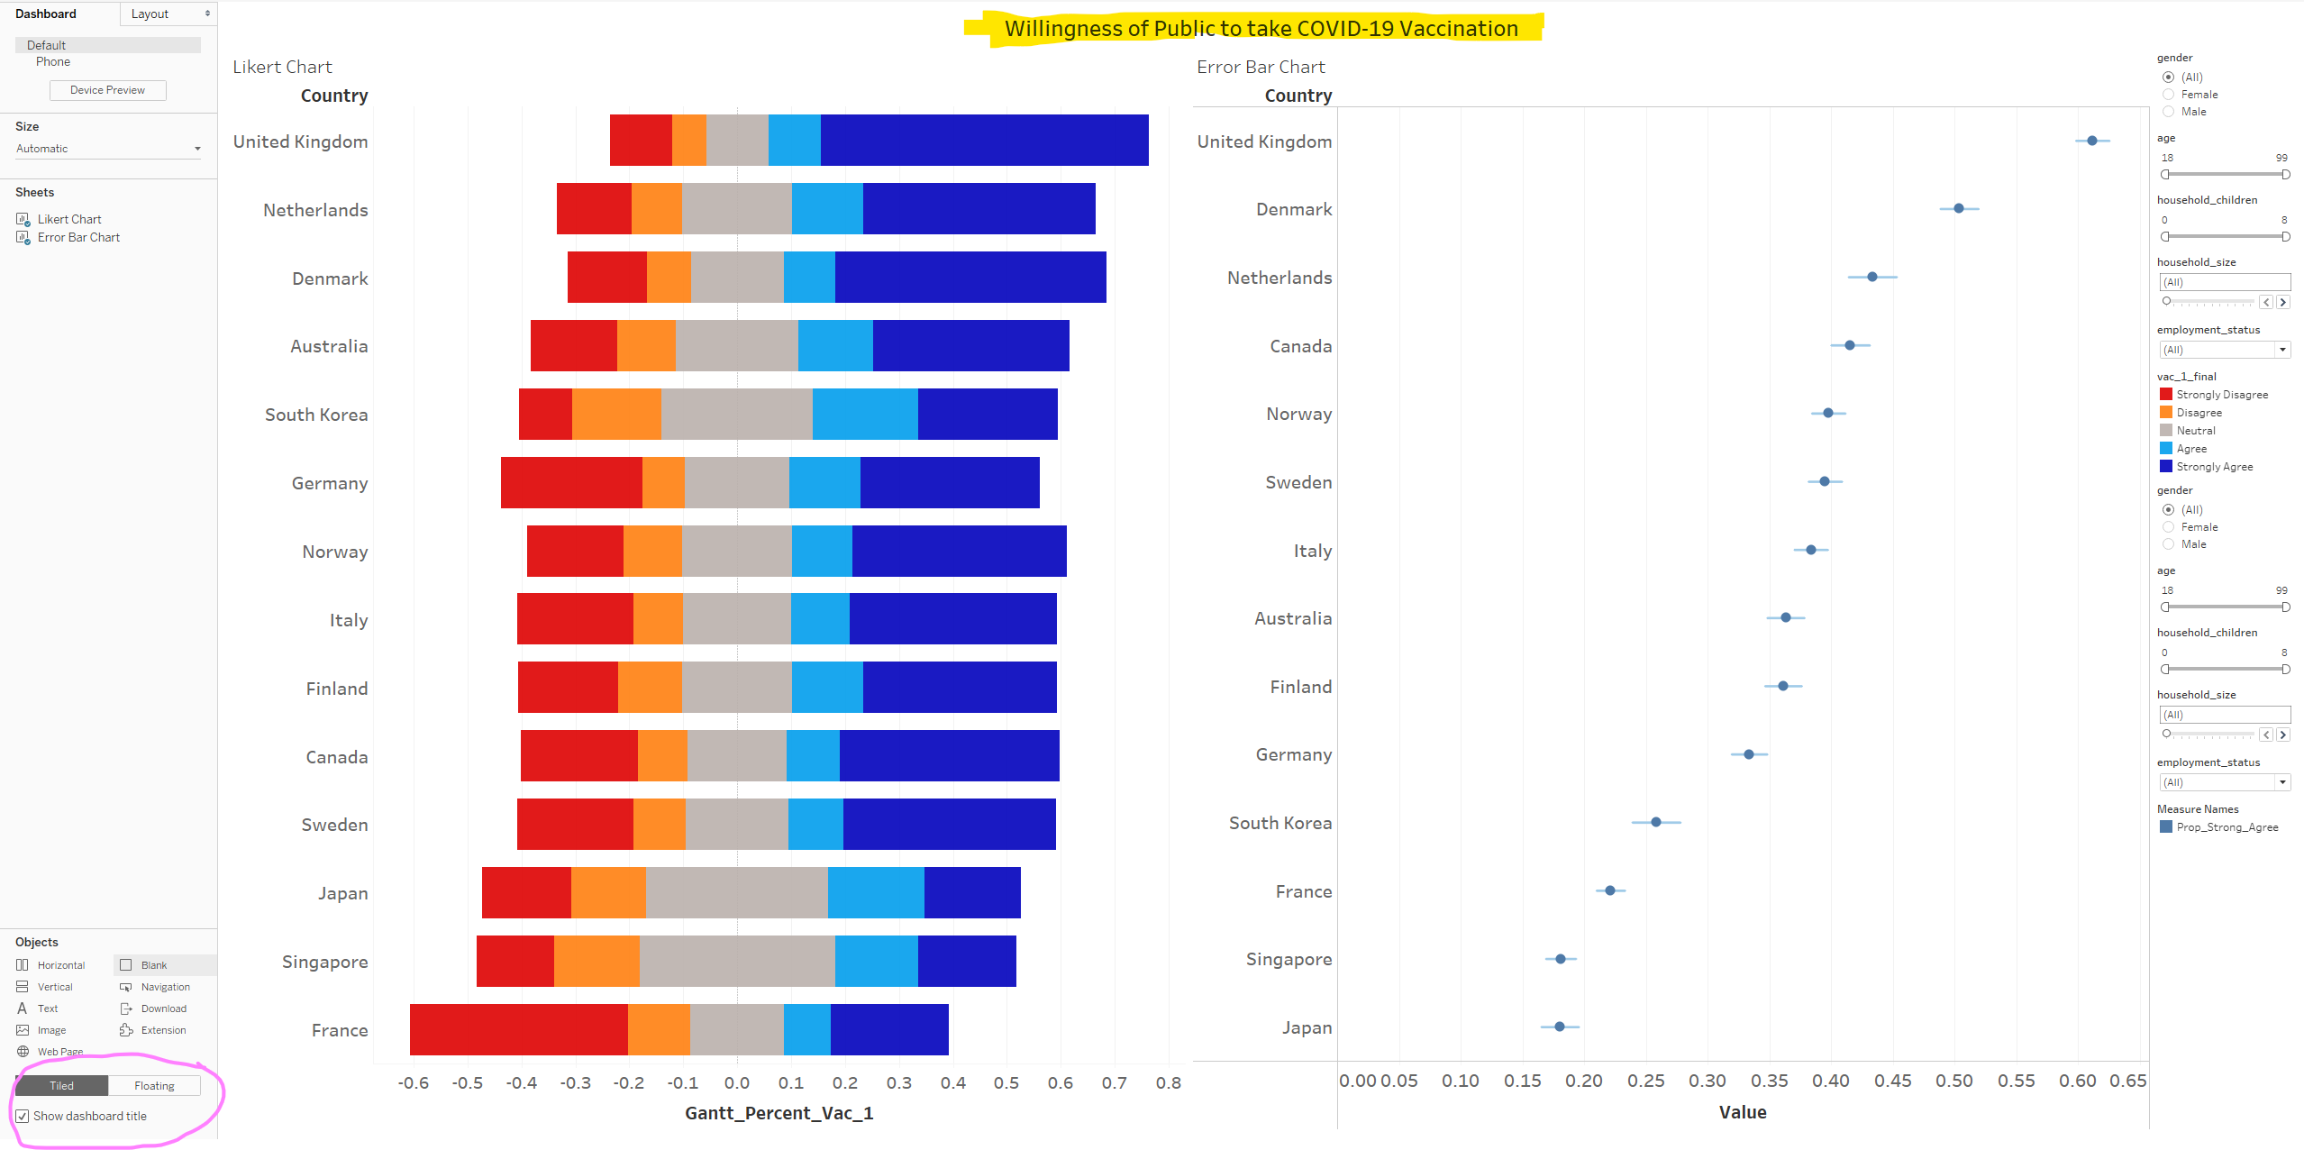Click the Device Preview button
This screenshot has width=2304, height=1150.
point(107,90)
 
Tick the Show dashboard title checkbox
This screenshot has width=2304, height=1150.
point(23,1116)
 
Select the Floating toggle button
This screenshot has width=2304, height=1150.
point(154,1086)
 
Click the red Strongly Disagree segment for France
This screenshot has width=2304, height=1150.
point(518,1029)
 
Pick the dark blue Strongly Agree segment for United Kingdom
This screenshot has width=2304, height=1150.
point(984,141)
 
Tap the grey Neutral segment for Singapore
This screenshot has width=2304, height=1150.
point(737,961)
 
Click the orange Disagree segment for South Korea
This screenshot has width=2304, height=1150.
point(616,415)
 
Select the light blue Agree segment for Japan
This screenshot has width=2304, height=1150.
point(876,892)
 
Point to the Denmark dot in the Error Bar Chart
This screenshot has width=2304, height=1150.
point(1958,208)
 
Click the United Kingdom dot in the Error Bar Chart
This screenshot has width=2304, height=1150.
point(2091,141)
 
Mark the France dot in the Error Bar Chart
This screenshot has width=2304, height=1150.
point(1610,890)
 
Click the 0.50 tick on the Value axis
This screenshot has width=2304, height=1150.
point(1953,1081)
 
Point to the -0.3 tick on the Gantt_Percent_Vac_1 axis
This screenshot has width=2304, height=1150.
point(575,1082)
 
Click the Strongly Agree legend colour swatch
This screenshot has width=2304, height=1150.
point(2165,466)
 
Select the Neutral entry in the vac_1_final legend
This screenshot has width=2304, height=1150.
point(2195,431)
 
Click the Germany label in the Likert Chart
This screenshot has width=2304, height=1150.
point(329,483)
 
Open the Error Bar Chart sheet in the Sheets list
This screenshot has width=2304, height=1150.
point(78,237)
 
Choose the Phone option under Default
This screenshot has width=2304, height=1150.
point(53,61)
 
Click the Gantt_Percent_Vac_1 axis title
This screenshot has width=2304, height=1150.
point(779,1113)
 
